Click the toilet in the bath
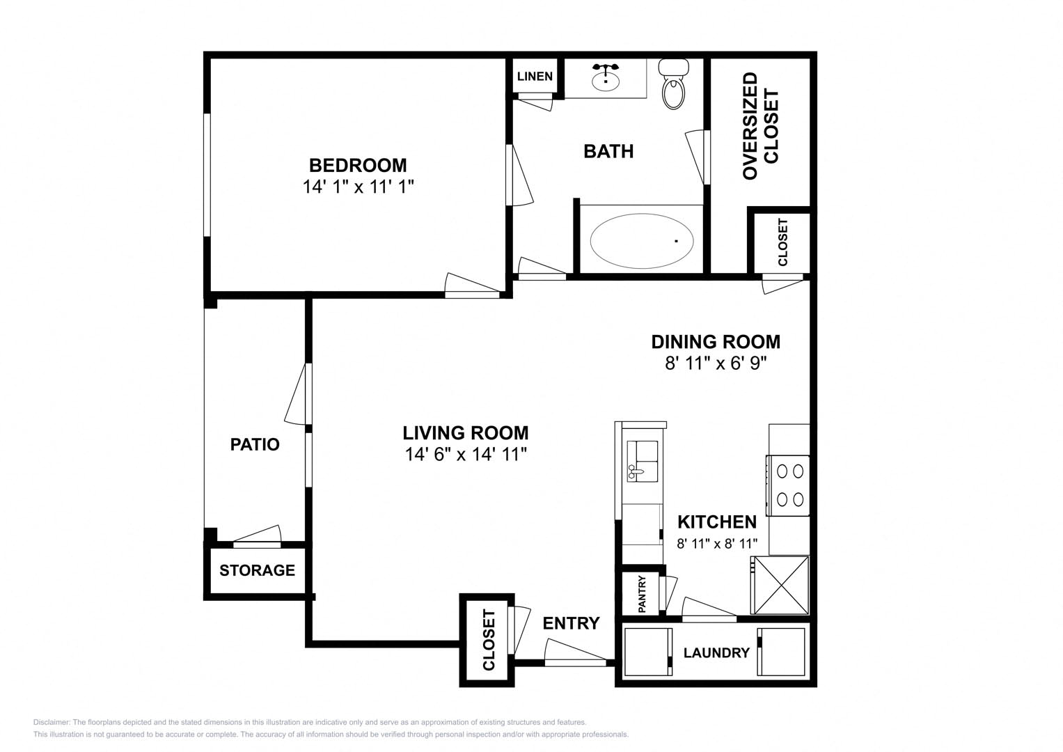coord(674,84)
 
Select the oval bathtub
coord(642,241)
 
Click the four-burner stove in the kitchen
coord(788,486)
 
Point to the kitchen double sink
coord(643,462)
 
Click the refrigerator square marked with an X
coord(780,586)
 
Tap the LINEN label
coord(535,77)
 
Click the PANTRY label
coord(642,594)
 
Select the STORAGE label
coord(257,570)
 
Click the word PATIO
coord(255,444)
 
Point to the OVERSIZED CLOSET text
coord(760,126)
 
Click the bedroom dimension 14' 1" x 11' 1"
coord(359,187)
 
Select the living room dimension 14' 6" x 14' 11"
coord(466,454)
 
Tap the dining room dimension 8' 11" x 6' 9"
coord(716,363)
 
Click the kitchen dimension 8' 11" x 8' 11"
coord(717,543)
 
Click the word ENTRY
coord(572,623)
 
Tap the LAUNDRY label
coord(716,653)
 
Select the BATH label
coord(608,152)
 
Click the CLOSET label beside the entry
coord(489,640)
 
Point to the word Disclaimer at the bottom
coord(52,722)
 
